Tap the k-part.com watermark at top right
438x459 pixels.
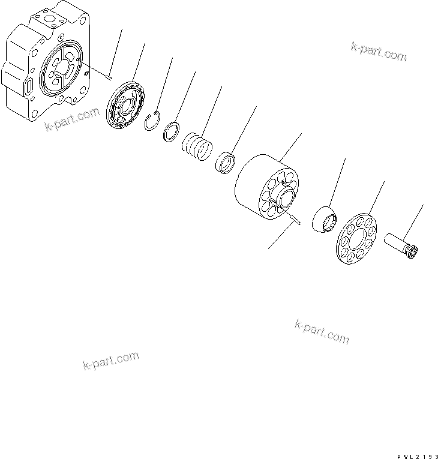[378, 52]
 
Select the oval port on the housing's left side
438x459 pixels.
[29, 89]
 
